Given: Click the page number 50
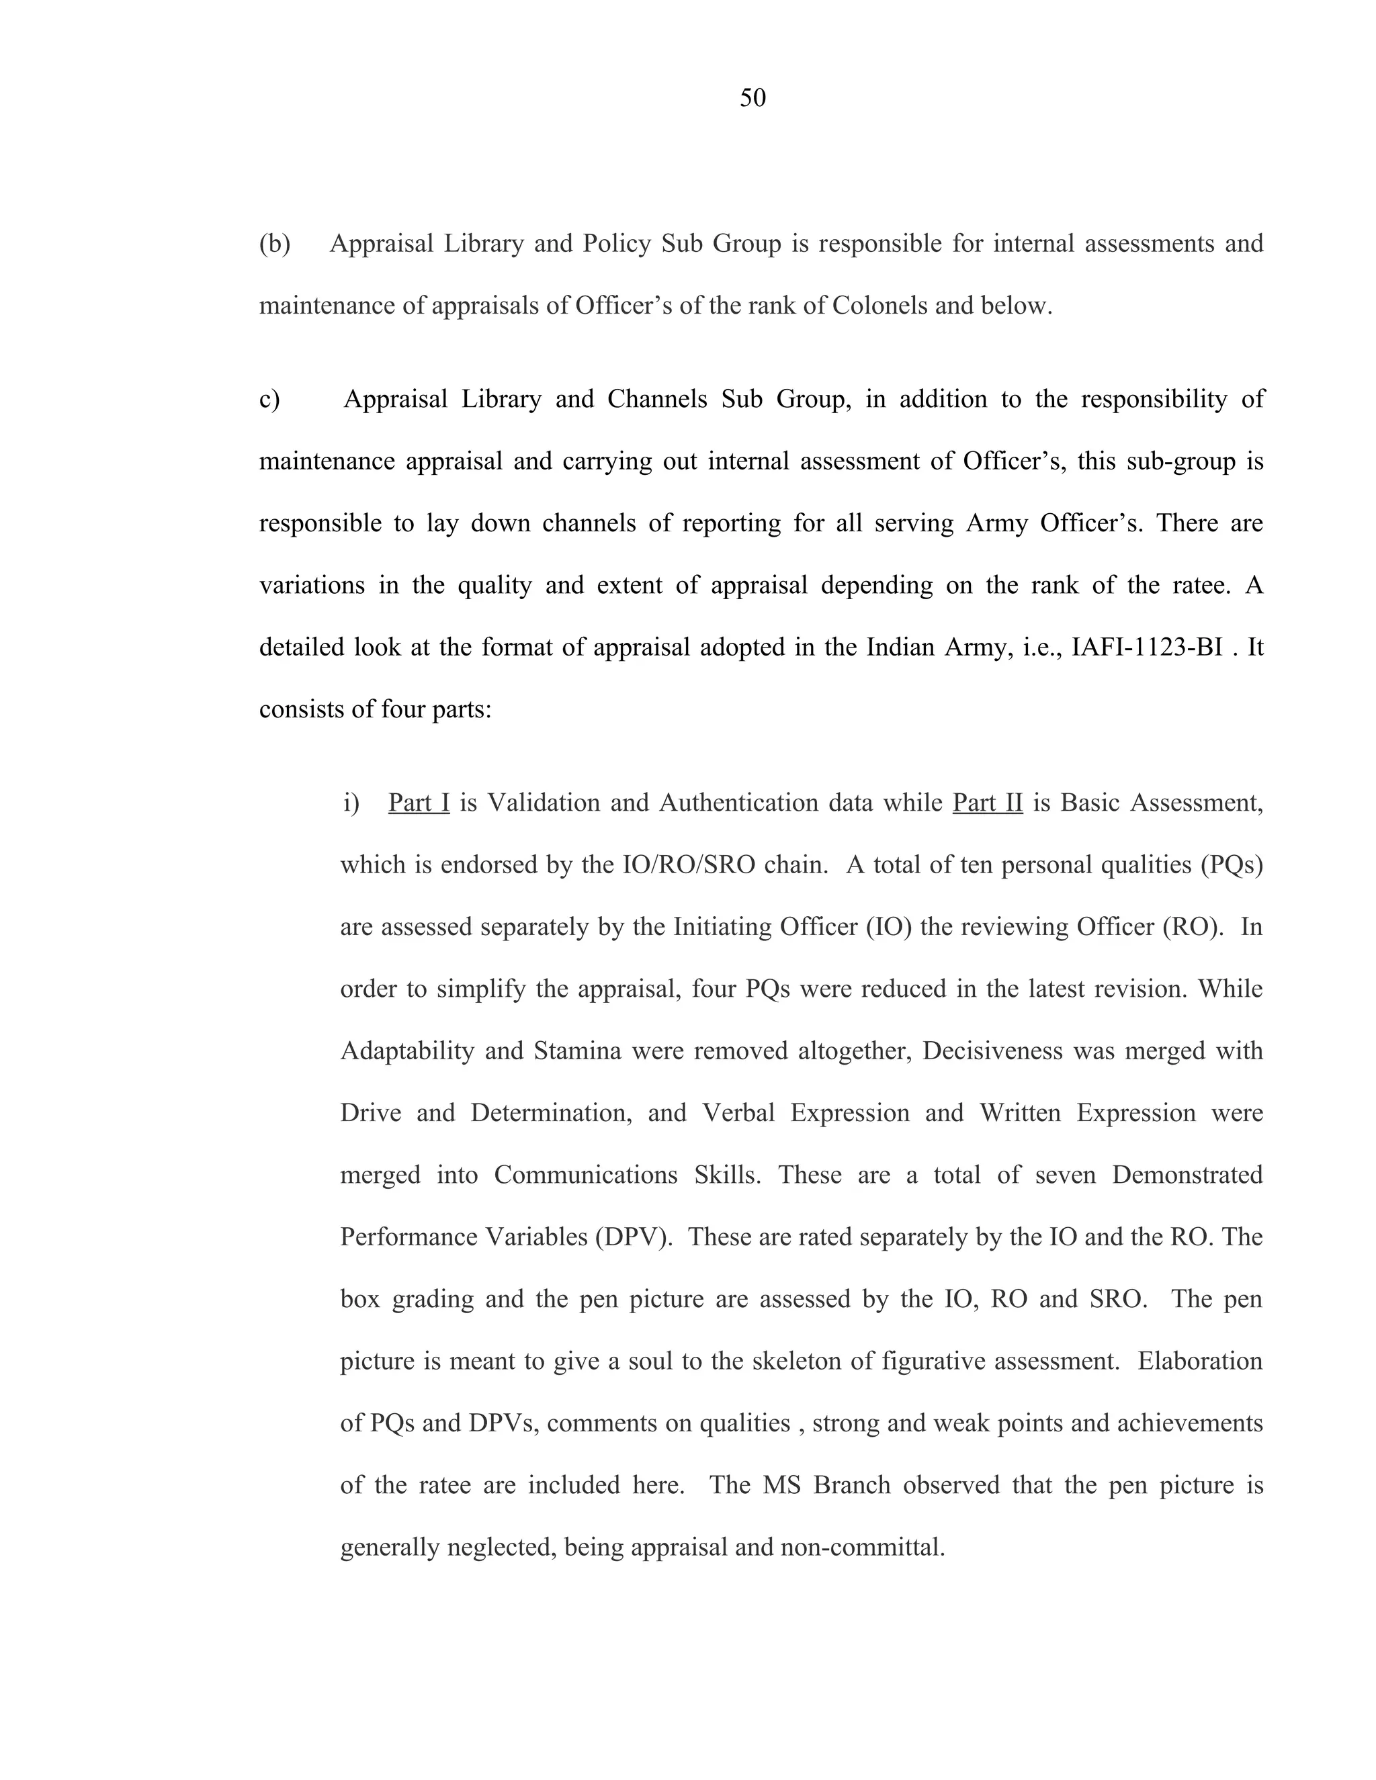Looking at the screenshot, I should (x=752, y=99).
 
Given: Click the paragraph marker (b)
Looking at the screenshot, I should (x=275, y=244).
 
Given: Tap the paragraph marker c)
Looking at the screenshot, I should (x=269, y=400).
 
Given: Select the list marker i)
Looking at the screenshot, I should (x=351, y=803).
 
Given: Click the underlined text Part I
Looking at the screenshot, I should (x=419, y=803).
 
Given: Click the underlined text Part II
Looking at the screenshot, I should (x=987, y=803).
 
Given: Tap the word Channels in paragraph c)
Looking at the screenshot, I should (x=657, y=400).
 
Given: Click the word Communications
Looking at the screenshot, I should (x=585, y=1175).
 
